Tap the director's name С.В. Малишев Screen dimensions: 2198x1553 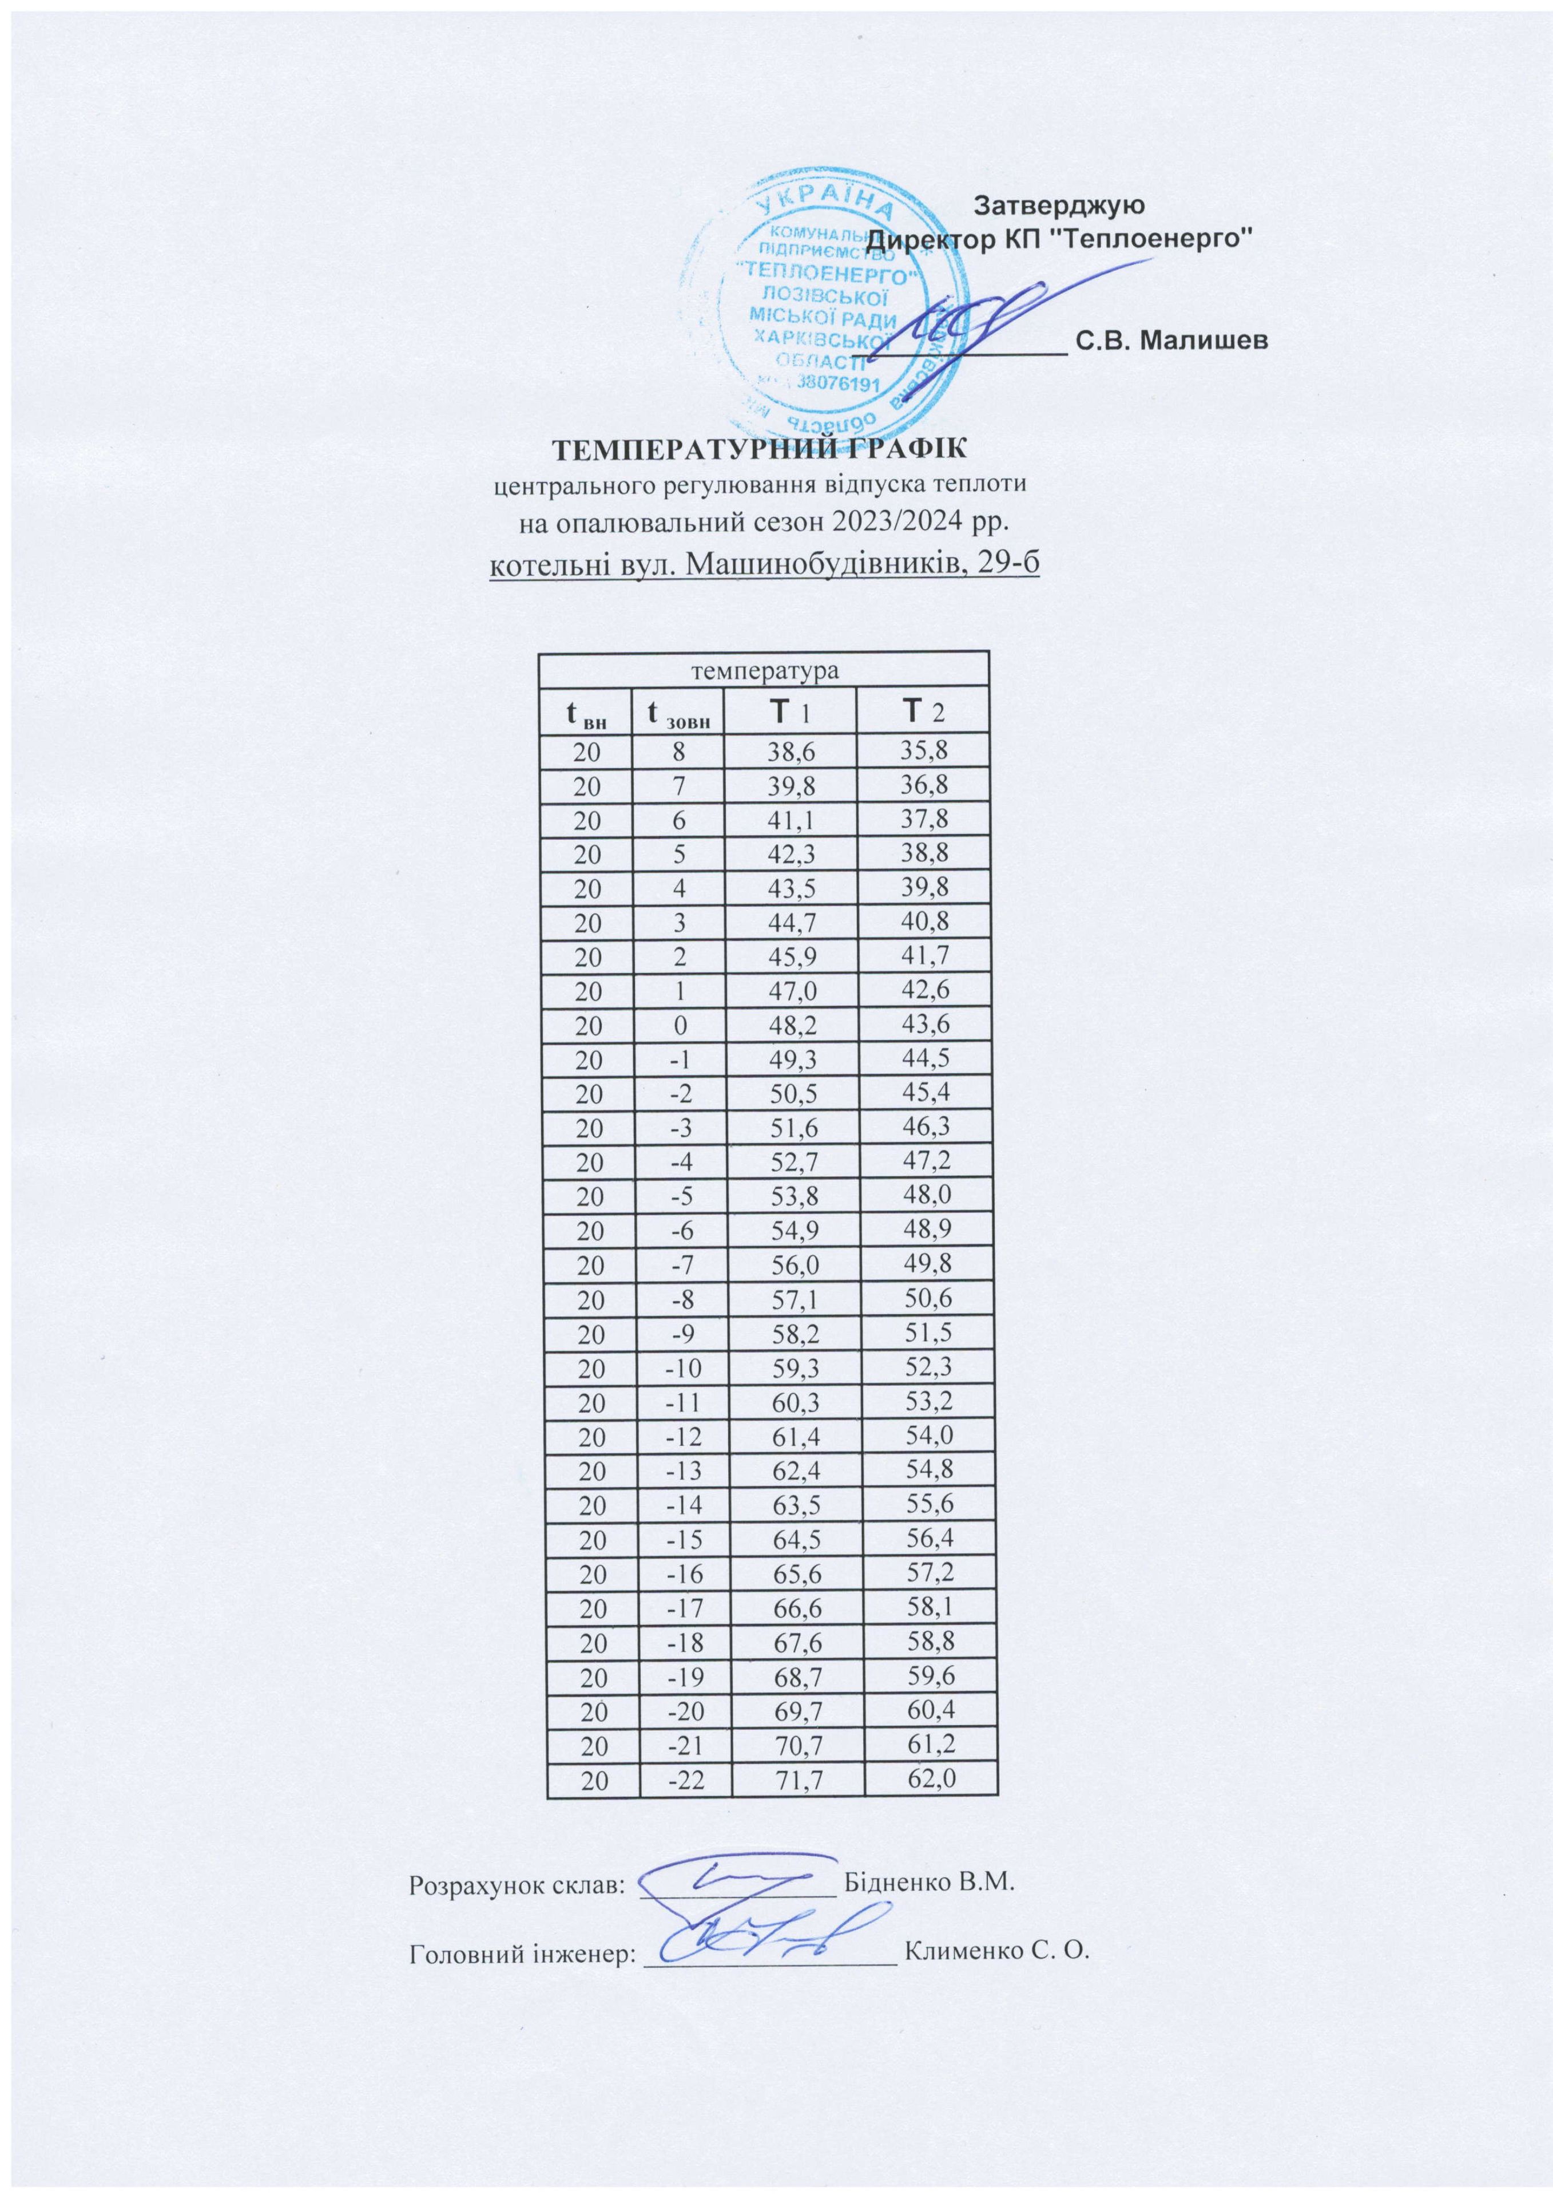(x=1173, y=340)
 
